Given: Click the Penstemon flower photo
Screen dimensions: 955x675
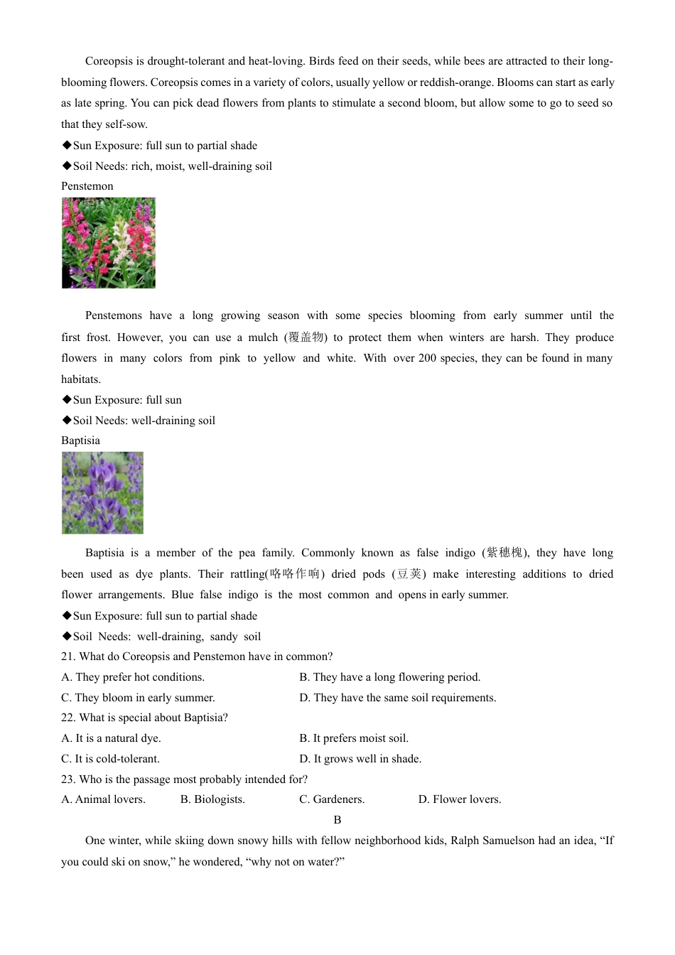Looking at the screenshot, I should click(x=109, y=243).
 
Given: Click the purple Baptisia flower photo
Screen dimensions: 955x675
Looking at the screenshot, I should click(x=102, y=492).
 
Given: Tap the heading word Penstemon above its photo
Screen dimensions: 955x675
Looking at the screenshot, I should click(x=87, y=186).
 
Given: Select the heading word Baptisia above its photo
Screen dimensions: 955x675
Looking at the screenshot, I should click(x=81, y=441).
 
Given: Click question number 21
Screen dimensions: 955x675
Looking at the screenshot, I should click(x=68, y=657).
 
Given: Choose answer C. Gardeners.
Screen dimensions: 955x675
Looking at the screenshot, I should click(x=332, y=799).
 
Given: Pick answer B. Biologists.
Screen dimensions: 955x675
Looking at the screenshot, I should click(x=212, y=799).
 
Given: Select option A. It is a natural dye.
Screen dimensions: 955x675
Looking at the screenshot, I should click(x=112, y=738).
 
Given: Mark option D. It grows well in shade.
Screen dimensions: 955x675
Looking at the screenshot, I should click(x=360, y=759).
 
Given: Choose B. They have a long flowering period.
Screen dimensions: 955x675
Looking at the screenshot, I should click(x=389, y=677).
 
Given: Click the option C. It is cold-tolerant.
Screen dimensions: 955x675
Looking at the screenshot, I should click(x=111, y=759).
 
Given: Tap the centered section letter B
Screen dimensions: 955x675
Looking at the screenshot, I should click(x=337, y=820).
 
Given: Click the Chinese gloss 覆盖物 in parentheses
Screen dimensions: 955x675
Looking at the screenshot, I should click(x=306, y=338).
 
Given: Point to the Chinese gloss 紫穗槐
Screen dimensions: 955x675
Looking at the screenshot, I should click(x=504, y=553).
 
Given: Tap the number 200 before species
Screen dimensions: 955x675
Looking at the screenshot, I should click(x=427, y=358).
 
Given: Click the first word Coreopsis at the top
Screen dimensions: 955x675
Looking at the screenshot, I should click(x=109, y=61).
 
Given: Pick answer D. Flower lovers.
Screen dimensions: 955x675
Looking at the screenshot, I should click(x=460, y=799).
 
